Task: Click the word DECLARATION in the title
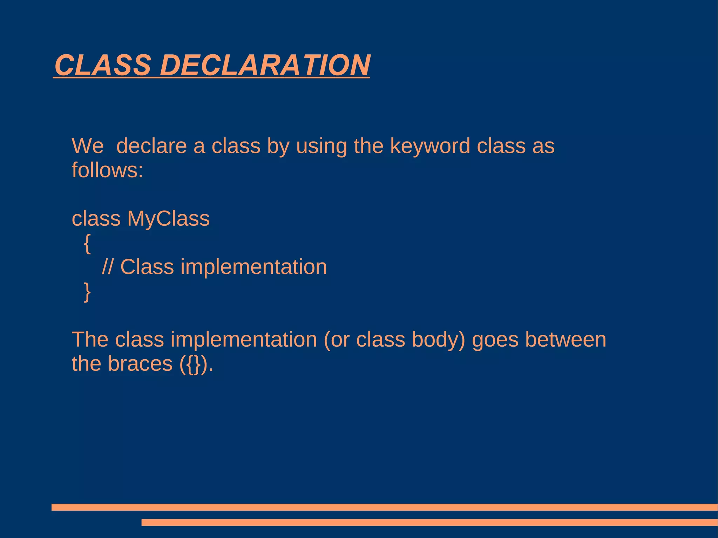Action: (x=265, y=65)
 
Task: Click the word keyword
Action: (x=430, y=147)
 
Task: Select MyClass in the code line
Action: (x=168, y=219)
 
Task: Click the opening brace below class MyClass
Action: (x=87, y=244)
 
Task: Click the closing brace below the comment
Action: (x=87, y=292)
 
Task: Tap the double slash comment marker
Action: (x=107, y=267)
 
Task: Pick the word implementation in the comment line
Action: (x=253, y=267)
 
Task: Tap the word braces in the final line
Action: (x=140, y=364)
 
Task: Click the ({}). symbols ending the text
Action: (x=196, y=365)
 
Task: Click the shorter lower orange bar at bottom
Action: (x=429, y=522)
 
